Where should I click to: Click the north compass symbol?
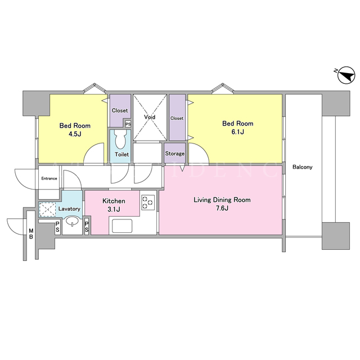pyautogui.click(x=346, y=75)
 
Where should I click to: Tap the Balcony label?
pyautogui.click(x=302, y=167)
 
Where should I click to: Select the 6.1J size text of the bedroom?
pyautogui.click(x=237, y=132)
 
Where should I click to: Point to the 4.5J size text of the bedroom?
pyautogui.click(x=75, y=134)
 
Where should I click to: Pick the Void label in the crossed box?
pyautogui.click(x=150, y=117)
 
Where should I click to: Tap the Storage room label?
pyautogui.click(x=175, y=154)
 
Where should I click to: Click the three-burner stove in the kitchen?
pyautogui.click(x=148, y=202)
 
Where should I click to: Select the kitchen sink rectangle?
pyautogui.click(x=122, y=226)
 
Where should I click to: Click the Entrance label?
pyautogui.click(x=49, y=178)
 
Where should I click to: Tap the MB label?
pyautogui.click(x=31, y=234)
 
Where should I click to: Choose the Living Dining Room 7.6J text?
pyautogui.click(x=222, y=204)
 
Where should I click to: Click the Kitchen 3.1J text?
pyautogui.click(x=114, y=205)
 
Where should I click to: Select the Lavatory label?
pyautogui.click(x=69, y=209)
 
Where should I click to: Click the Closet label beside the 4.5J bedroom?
pyautogui.click(x=120, y=111)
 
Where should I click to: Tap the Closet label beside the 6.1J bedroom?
pyautogui.click(x=177, y=118)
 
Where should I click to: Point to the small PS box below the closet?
pyautogui.click(x=128, y=124)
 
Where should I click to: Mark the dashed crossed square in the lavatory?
pyautogui.click(x=47, y=209)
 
